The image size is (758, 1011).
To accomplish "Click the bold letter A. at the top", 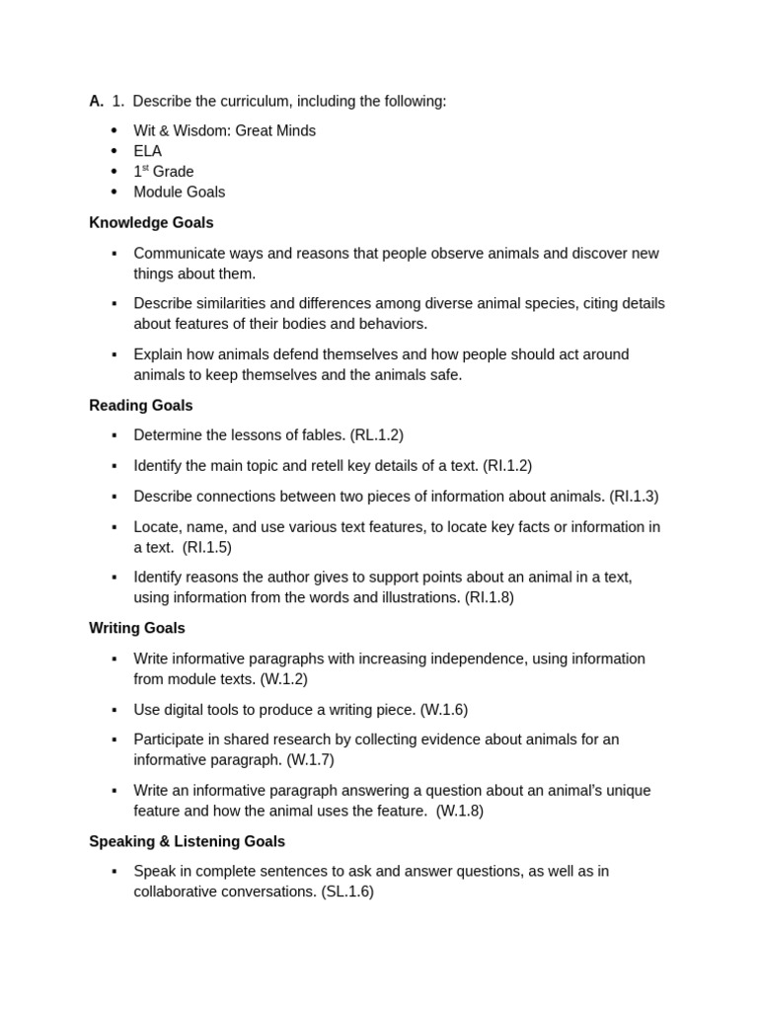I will pos(96,101).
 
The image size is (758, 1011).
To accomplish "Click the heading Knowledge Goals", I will pos(151,223).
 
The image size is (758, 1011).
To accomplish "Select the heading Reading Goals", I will pos(141,406).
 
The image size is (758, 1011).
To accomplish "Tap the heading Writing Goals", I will pos(137,628).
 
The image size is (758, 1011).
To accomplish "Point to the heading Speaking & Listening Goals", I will pos(187,842).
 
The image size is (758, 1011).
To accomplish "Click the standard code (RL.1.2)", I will pos(376,435).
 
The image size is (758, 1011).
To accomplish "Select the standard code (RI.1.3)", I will pos(634,497).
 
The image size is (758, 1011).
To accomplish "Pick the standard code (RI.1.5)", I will pos(207,548).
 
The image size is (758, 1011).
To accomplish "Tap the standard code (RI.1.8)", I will pos(490,597).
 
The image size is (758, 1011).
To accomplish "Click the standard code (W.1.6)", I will pos(444,710).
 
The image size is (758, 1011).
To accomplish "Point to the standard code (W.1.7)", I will pos(311,760).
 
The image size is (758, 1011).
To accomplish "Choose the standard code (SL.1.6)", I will pos(347,892).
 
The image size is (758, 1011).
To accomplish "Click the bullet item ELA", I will pos(148,151).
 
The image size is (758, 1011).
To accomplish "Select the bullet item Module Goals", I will pos(180,193).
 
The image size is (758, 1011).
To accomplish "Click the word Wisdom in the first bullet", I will pos(202,130).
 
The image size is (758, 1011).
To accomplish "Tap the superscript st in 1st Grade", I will pos(147,168).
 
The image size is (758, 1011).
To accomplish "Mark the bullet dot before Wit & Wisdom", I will pos(114,130).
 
